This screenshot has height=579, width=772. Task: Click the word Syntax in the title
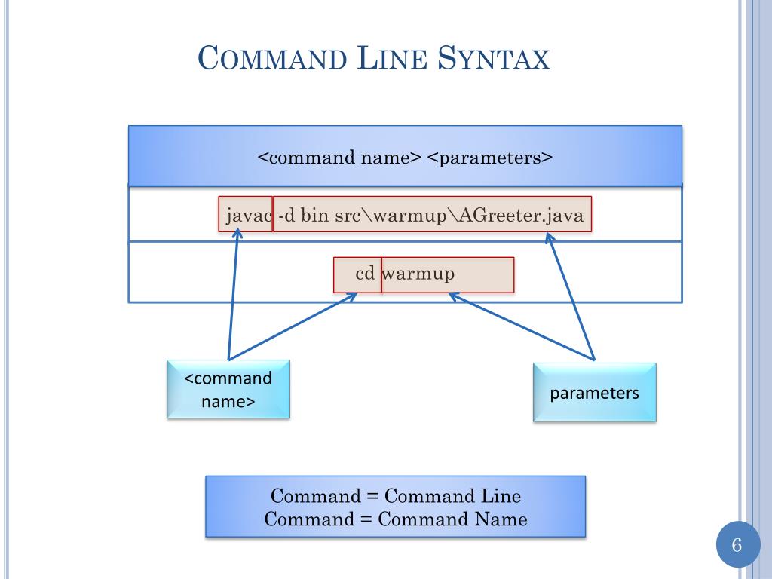click(x=493, y=59)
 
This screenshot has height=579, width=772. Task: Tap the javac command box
click(x=246, y=216)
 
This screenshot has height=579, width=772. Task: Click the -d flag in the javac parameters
click(x=286, y=216)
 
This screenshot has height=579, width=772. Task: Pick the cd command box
click(x=359, y=274)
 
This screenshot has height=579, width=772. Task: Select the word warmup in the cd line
click(x=418, y=274)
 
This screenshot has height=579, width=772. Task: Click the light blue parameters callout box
click(x=594, y=393)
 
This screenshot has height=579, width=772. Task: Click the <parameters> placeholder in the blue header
click(x=490, y=158)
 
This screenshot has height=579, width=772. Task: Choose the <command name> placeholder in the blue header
click(x=339, y=158)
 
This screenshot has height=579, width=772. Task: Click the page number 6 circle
click(x=737, y=545)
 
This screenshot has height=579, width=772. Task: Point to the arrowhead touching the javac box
click(x=237, y=234)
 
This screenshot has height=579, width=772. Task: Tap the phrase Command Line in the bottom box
click(x=452, y=496)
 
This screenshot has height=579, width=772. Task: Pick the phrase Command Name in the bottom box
click(x=452, y=519)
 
